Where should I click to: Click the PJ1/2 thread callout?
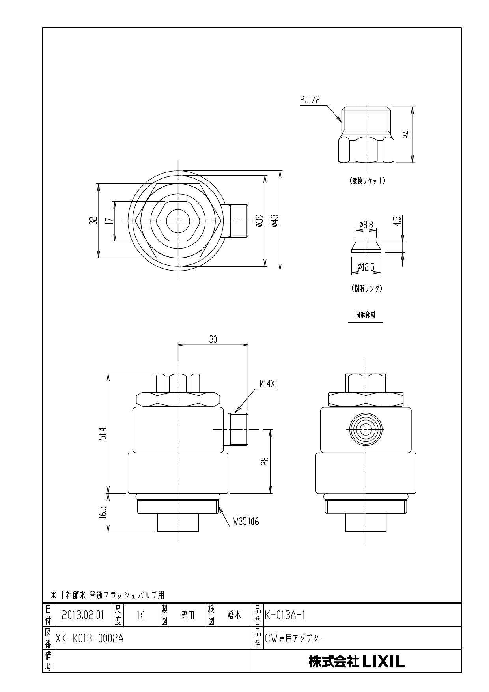pos(310,100)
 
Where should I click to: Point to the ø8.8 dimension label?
pos(366,225)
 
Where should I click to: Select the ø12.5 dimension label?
pos(366,267)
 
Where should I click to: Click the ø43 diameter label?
pos(275,221)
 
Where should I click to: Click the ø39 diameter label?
pos(259,221)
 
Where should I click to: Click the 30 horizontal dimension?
pos(213,339)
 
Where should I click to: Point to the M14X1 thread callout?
pos(268,383)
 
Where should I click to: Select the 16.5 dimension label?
pos(103,513)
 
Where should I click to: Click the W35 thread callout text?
pos(245,522)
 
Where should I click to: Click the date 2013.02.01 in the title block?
pos(83,615)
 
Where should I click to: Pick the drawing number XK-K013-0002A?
pos(90,638)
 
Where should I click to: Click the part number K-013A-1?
pos(285,615)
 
